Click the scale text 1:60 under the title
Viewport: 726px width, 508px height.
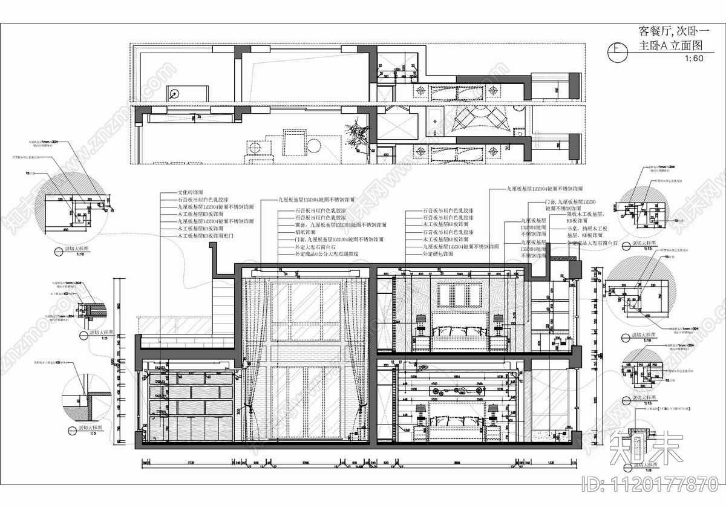coord(695,59)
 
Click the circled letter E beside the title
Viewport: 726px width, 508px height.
coord(616,50)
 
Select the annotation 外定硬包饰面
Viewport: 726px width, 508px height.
coord(440,255)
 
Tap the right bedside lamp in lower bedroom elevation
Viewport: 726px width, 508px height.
coord(492,411)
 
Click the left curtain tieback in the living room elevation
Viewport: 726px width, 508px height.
coord(248,410)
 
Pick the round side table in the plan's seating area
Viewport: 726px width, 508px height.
coord(315,146)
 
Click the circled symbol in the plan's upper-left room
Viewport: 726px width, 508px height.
coord(174,94)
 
